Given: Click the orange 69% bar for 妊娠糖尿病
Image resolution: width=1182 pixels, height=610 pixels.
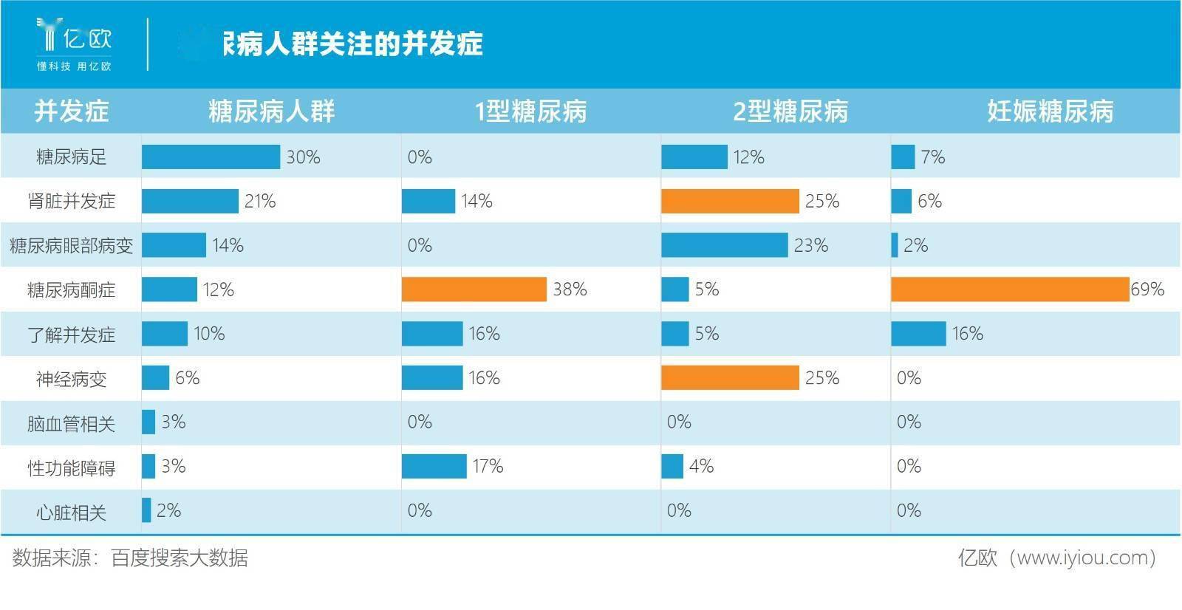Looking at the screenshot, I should click(1010, 289).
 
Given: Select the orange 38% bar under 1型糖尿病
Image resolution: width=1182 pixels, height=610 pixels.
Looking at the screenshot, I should click(474, 289).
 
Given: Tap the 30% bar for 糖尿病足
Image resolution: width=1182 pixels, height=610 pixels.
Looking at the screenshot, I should click(211, 157).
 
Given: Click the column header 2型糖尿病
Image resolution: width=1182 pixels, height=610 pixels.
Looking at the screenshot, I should click(790, 112).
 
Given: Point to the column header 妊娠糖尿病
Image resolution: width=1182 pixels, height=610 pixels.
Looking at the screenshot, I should click(1050, 112).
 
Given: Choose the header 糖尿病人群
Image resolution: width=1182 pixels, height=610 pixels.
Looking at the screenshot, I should click(271, 112).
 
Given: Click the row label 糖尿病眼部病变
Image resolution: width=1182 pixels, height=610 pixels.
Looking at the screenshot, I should click(71, 246).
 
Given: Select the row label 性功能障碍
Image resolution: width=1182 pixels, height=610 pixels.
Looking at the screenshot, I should click(71, 467).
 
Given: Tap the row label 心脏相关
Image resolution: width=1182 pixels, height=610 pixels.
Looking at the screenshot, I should click(71, 512).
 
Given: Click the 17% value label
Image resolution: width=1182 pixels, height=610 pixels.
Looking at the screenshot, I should click(488, 466).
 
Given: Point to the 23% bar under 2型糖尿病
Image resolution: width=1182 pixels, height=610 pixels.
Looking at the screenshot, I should click(724, 245).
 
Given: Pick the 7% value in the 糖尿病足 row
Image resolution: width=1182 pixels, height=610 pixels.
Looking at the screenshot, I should click(933, 157).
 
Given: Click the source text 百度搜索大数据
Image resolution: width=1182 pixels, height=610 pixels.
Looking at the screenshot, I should click(180, 558).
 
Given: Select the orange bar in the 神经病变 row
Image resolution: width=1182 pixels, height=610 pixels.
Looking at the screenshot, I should click(730, 378).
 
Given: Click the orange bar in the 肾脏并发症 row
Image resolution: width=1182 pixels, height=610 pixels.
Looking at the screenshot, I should click(730, 201).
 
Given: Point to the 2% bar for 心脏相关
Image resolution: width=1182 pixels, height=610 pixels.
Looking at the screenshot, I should click(146, 510).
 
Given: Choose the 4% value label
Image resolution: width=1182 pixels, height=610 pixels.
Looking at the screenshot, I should click(701, 466).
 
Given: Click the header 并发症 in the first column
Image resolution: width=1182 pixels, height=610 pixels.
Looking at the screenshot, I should click(71, 112).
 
